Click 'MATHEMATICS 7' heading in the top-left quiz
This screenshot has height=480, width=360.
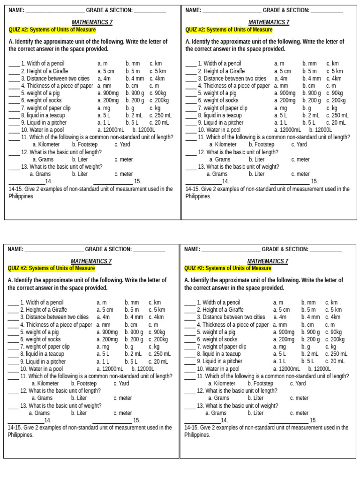tap(92, 22)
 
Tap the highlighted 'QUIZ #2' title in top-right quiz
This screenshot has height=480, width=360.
tap(229, 30)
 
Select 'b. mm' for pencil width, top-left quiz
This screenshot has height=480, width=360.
tap(133, 63)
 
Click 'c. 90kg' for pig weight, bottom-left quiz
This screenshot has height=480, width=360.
tap(158, 332)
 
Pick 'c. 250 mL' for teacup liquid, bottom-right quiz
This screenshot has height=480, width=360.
tap(336, 354)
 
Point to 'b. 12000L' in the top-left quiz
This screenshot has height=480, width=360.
tap(143, 130)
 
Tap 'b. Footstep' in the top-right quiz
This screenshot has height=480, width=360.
tap(262, 144)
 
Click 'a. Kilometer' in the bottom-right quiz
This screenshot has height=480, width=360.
tap(222, 383)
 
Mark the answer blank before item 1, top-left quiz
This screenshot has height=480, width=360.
tap(14, 64)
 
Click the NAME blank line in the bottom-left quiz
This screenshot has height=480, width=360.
tap(54, 250)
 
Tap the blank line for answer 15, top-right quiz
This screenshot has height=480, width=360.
tap(289, 182)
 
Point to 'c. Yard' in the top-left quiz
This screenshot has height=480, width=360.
tap(122, 144)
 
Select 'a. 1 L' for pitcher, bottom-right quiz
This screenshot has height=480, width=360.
tap(280, 361)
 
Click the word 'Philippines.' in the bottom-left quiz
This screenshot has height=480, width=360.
tap(21, 435)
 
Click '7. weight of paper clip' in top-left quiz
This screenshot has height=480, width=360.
tap(46, 108)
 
